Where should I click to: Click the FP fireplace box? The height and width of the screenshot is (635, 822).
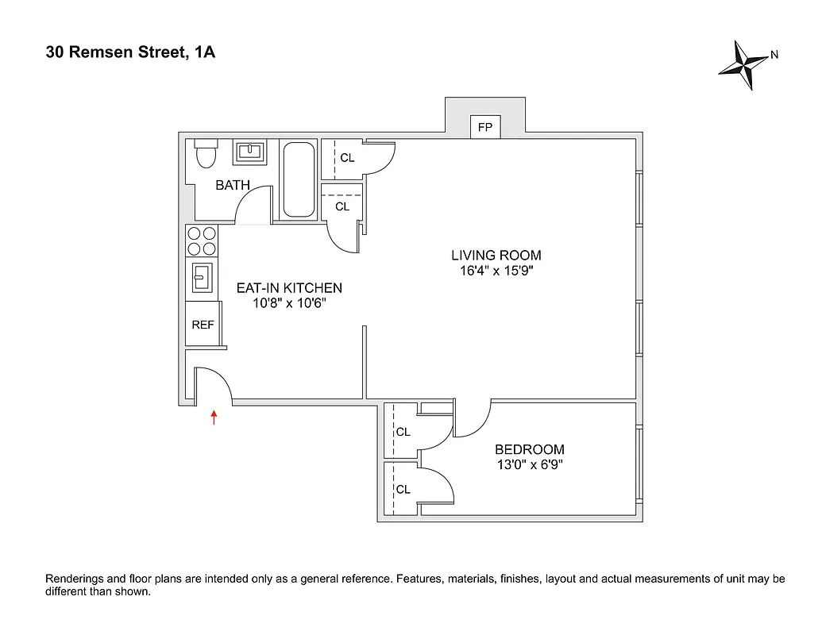pos(484,127)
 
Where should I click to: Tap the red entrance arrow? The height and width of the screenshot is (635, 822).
pos(214,417)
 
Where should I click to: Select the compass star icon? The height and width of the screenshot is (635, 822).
pos(744,66)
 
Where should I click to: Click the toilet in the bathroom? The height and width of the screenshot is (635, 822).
pos(206,152)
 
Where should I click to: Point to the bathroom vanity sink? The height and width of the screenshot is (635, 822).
pos(251,151)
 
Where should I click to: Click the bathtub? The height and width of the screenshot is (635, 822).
pos(299,179)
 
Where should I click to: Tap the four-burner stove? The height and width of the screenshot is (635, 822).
pos(201,241)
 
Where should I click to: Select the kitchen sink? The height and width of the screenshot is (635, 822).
pos(201,279)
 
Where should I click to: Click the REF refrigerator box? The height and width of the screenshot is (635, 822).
pos(203,325)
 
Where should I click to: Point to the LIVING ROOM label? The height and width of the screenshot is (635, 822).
pos(496,256)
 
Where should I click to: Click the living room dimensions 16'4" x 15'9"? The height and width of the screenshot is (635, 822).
pos(496,271)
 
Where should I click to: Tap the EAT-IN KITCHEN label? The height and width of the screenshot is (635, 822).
pos(289,287)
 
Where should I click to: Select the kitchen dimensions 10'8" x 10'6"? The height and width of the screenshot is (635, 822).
pos(289,302)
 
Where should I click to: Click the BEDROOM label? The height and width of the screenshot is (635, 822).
pos(530,449)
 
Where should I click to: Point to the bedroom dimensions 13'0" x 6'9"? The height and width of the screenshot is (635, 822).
pos(530,464)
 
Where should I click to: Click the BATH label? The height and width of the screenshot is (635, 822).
pos(233,185)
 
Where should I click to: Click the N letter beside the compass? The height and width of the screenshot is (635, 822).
pos(774,56)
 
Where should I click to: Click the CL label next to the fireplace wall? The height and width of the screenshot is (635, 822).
pos(347,158)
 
